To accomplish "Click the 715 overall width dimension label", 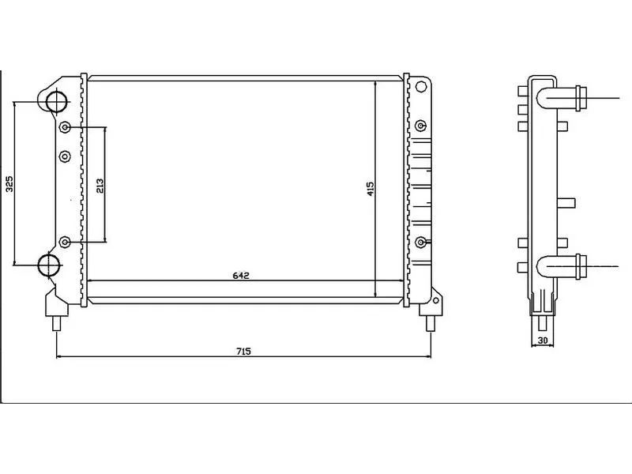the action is coord(243,351).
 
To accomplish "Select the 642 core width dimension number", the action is coord(241,276).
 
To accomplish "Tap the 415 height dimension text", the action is coord(371,189).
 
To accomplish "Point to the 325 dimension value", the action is coord(9,184).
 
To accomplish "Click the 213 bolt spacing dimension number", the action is coord(100,186).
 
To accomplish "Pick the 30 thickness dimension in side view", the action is coord(543,340).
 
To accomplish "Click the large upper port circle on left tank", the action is coord(56,102).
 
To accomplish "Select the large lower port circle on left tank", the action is coord(49,265).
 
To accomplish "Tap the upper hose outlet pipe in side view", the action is coord(559,98).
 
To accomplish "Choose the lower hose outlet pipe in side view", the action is coord(559,266).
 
